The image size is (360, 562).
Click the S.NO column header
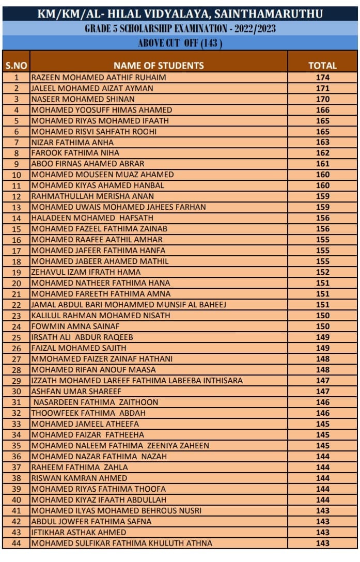pyautogui.click(x=16, y=66)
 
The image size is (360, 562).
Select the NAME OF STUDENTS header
pyautogui.click(x=159, y=66)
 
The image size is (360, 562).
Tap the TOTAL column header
pyautogui.click(x=322, y=66)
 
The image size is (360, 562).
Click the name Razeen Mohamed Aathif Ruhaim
pyautogui.click(x=99, y=77)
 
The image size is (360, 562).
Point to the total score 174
pyautogui.click(x=322, y=77)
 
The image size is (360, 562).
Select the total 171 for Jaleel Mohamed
pyautogui.click(x=322, y=88)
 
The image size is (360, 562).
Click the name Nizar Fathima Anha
pyautogui.click(x=72, y=143)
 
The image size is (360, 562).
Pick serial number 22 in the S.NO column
pyautogui.click(x=16, y=305)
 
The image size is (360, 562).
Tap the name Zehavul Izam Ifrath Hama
pyautogui.click(x=86, y=272)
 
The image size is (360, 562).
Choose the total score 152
pyautogui.click(x=322, y=272)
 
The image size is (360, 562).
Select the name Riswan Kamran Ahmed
pyautogui.click(x=79, y=478)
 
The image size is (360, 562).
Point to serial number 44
pyautogui.click(x=16, y=543)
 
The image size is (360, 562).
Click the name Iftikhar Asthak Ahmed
pyautogui.click(x=79, y=533)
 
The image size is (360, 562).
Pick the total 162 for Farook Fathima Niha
pyautogui.click(x=322, y=153)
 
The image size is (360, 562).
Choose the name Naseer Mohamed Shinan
pyautogui.click(x=83, y=99)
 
